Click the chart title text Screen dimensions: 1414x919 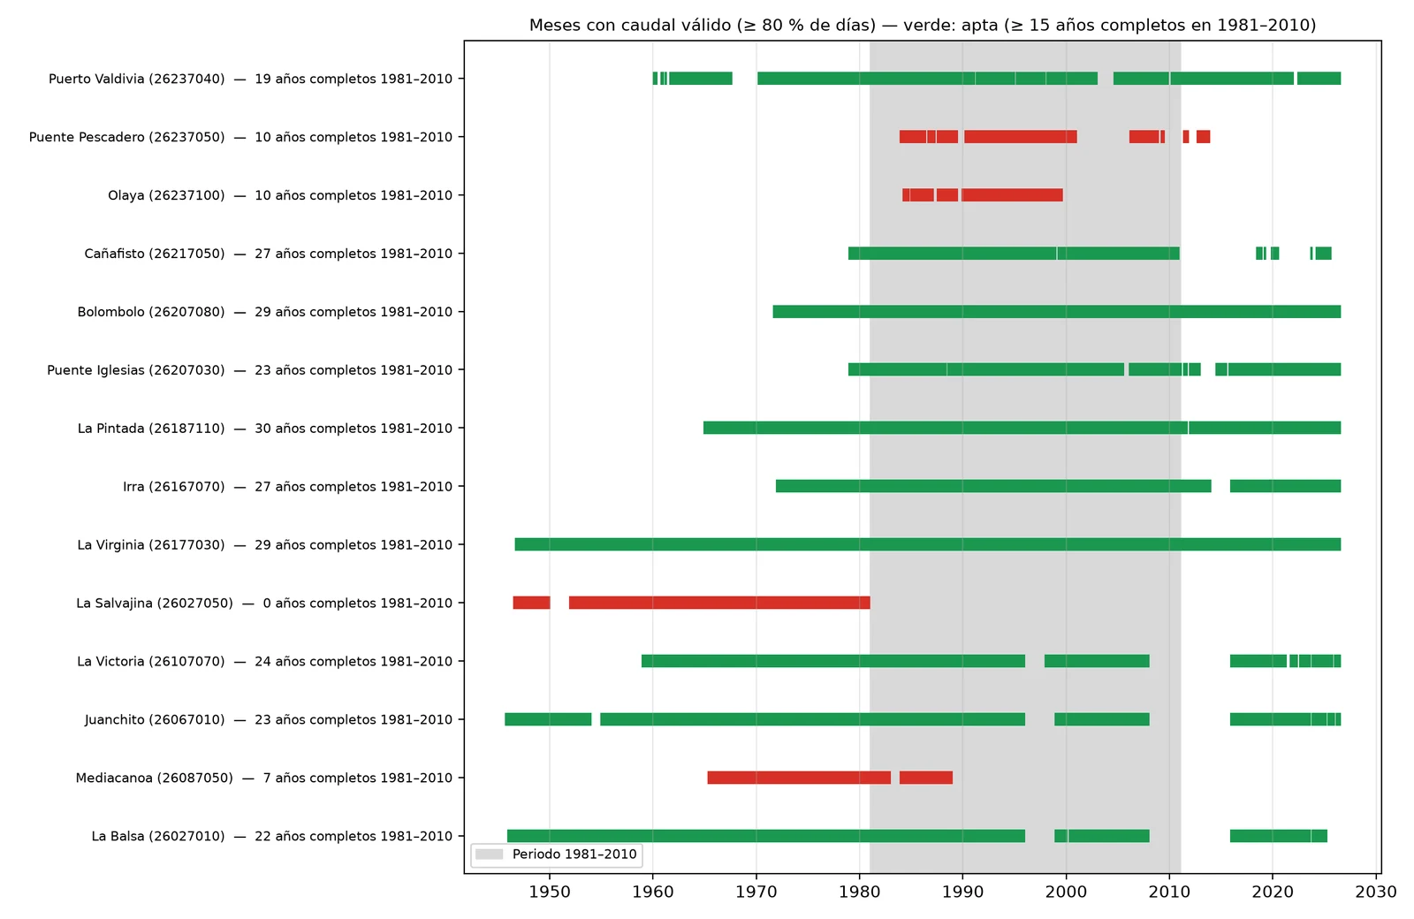[923, 26]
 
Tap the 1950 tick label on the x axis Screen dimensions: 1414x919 [549, 892]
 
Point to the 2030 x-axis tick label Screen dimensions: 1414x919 [1376, 892]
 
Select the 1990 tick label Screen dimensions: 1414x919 [962, 892]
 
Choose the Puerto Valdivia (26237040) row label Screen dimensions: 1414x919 [136, 79]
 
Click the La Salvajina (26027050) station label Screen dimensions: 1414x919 [155, 603]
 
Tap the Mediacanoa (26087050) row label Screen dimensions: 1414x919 [154, 778]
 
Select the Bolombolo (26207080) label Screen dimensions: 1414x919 [151, 312]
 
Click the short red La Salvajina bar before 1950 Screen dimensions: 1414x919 [531, 603]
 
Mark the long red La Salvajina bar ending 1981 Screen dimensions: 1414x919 [719, 603]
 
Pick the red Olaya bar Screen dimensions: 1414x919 [983, 195]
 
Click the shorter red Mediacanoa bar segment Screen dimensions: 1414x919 [926, 778]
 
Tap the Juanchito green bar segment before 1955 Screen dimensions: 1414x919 [548, 719]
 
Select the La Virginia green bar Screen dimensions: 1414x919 [928, 544]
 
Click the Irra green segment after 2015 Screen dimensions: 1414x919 [1285, 486]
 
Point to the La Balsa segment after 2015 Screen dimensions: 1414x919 [1278, 836]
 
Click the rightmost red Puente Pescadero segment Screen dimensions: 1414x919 [1203, 136]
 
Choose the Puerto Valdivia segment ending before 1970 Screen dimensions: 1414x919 [693, 79]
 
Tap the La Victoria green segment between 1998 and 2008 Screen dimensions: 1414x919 [1097, 661]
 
